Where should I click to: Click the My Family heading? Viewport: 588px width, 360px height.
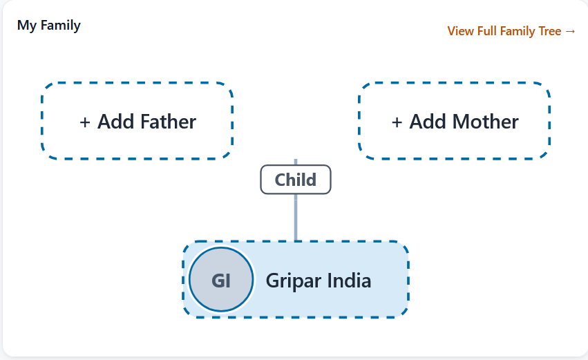[x=49, y=26]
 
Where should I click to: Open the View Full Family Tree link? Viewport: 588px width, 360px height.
[x=511, y=31]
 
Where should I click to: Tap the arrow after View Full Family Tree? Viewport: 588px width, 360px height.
[x=570, y=31]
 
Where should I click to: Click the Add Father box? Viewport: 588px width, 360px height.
[x=137, y=121]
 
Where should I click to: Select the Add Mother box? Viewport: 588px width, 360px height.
[x=455, y=121]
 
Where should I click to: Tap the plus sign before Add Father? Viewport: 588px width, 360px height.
[x=85, y=122]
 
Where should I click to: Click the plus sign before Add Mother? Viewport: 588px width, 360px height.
[x=397, y=122]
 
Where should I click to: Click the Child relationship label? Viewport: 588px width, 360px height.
[x=296, y=180]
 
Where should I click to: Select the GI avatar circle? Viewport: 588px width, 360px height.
[x=221, y=279]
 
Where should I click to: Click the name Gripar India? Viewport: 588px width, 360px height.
[x=319, y=281]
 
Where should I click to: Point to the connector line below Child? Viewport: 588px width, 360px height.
[x=296, y=218]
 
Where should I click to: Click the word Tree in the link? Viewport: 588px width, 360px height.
[x=550, y=31]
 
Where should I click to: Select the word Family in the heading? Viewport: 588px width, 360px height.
[x=60, y=26]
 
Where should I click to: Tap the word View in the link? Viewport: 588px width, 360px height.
[x=460, y=31]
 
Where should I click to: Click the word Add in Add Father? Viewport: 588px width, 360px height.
[x=116, y=122]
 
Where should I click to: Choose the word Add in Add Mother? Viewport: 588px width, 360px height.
[x=428, y=122]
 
